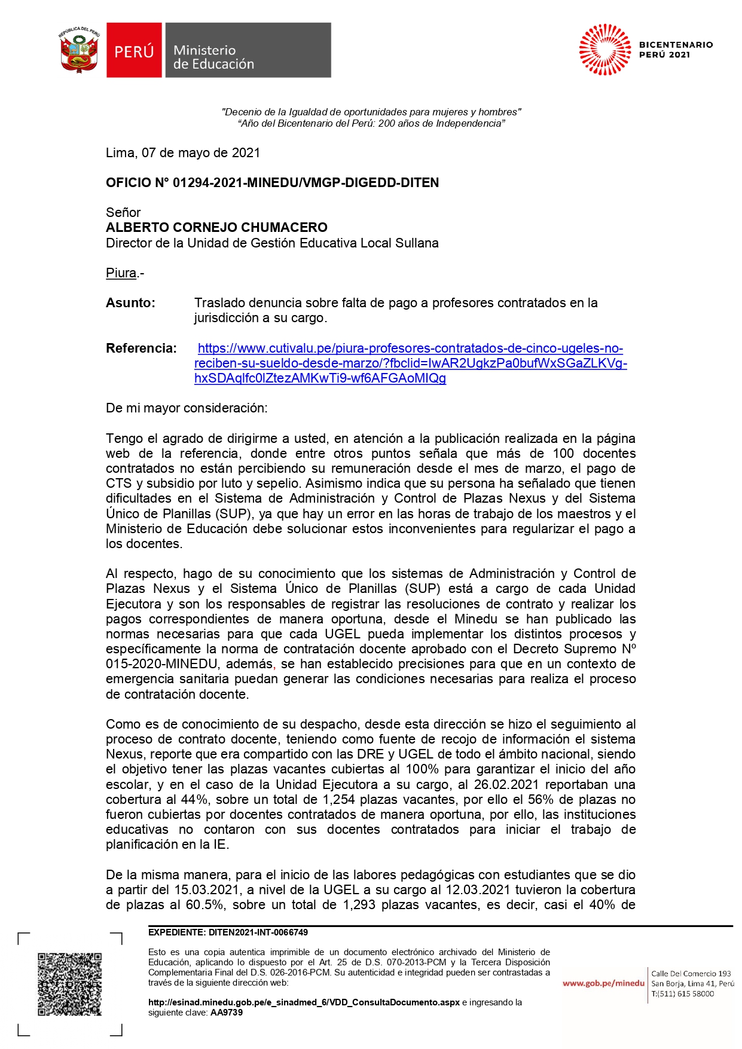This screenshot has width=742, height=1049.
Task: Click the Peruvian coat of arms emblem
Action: tap(79, 50)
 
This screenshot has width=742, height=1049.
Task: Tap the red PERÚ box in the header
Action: tap(134, 51)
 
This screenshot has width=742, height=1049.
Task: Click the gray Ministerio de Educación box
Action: tap(248, 51)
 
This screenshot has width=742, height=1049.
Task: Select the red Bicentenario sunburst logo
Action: tap(604, 50)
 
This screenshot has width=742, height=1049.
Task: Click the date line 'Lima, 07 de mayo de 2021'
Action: tap(183, 153)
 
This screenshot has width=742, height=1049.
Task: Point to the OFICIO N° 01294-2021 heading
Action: tap(272, 183)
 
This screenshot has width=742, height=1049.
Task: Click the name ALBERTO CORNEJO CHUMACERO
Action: tap(216, 228)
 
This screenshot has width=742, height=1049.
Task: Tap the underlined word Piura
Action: tap(121, 273)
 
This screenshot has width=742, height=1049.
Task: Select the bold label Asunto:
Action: tap(130, 303)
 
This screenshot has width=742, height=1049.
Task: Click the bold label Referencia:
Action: tap(141, 348)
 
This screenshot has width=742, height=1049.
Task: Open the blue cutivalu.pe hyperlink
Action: tap(410, 363)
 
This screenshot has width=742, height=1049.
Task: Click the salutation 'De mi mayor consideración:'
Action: tap(187, 408)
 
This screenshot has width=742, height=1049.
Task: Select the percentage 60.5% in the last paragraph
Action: tap(205, 905)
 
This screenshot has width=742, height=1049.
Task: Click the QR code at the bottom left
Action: tap(70, 984)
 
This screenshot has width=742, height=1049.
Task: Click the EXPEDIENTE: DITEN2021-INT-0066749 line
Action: tap(228, 932)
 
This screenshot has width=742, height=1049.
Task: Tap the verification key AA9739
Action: tap(227, 1013)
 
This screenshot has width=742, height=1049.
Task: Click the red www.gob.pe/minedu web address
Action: tap(603, 983)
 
